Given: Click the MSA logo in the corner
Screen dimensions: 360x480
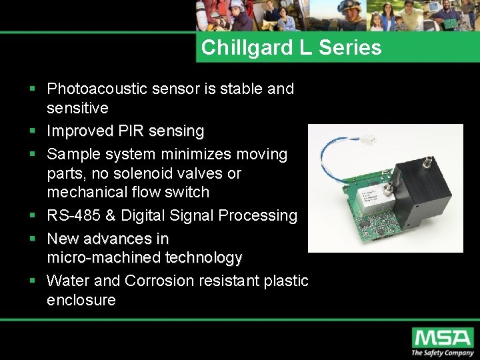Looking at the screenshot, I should (x=443, y=337).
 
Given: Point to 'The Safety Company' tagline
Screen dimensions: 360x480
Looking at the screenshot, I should (x=442, y=353).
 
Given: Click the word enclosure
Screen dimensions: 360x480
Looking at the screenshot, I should (x=81, y=300).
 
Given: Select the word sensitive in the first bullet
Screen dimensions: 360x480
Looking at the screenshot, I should (x=77, y=108).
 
